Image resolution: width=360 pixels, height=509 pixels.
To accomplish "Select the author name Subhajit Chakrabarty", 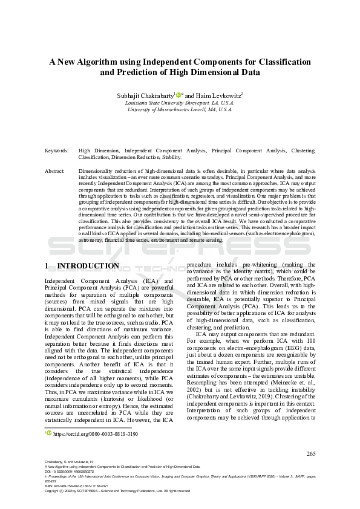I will [144, 95].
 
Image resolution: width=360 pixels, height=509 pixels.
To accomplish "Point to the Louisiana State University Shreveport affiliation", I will [180, 103].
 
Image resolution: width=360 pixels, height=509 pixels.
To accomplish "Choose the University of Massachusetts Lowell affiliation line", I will [180, 110].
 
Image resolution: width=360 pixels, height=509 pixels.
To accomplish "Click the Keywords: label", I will [56, 150].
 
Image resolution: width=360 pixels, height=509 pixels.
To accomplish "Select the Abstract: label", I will [55, 171].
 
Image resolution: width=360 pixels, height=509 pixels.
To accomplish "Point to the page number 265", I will [311, 453].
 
